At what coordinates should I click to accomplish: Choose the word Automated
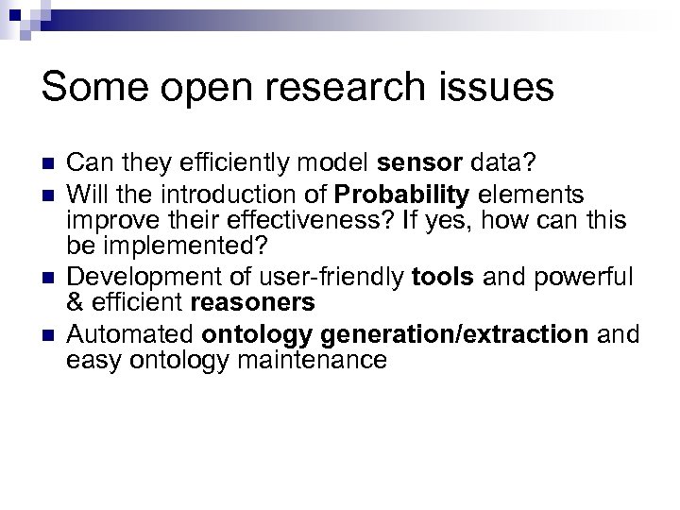click(x=130, y=333)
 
